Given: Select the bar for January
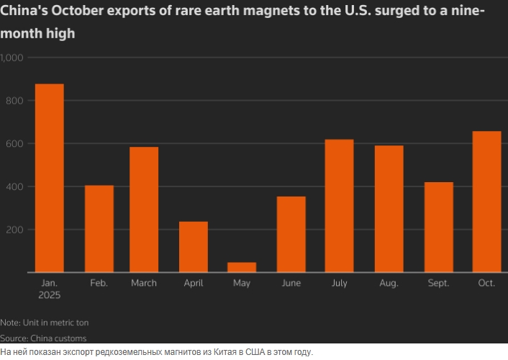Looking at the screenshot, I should (x=49, y=178).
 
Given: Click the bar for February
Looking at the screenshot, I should (x=99, y=229).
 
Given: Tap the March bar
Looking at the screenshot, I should (x=144, y=210).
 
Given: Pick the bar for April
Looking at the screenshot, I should (x=193, y=247).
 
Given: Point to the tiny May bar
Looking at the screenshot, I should (x=241, y=267).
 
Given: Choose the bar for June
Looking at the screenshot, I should (x=291, y=234).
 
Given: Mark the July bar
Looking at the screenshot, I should (x=339, y=206).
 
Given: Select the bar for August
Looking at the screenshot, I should (x=389, y=209).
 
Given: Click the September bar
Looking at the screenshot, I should (x=438, y=227).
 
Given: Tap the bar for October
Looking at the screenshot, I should (x=486, y=202).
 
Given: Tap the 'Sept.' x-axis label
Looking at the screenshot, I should (x=437, y=283).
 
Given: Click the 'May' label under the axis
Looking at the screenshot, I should (x=242, y=283).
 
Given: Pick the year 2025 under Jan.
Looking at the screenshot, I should (x=49, y=296).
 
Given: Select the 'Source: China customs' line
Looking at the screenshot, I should (x=43, y=338).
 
